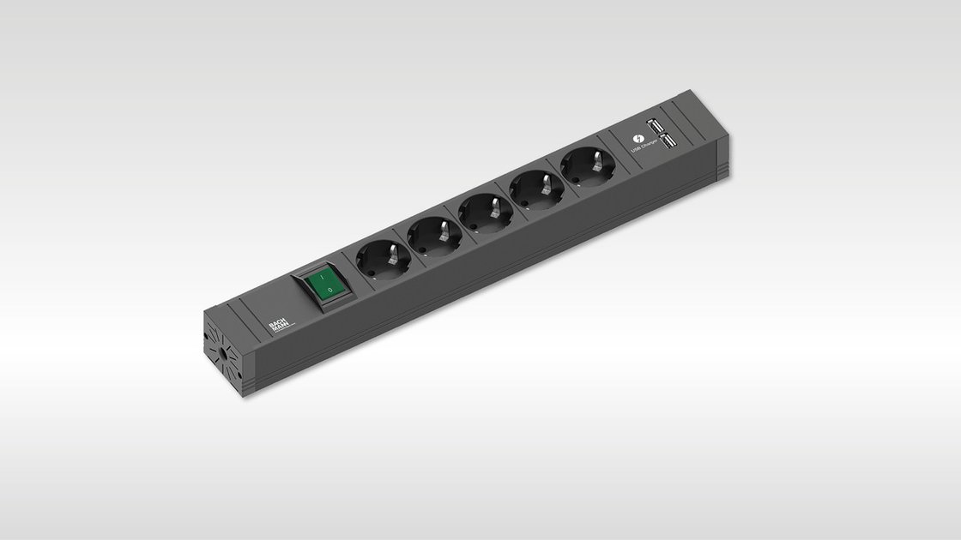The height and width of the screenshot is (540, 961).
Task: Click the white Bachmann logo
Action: point(278,325)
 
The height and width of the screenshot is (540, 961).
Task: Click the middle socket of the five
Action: point(484,210)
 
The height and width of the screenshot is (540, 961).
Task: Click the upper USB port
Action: point(655,127)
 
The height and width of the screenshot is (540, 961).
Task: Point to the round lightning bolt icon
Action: point(637,140)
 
